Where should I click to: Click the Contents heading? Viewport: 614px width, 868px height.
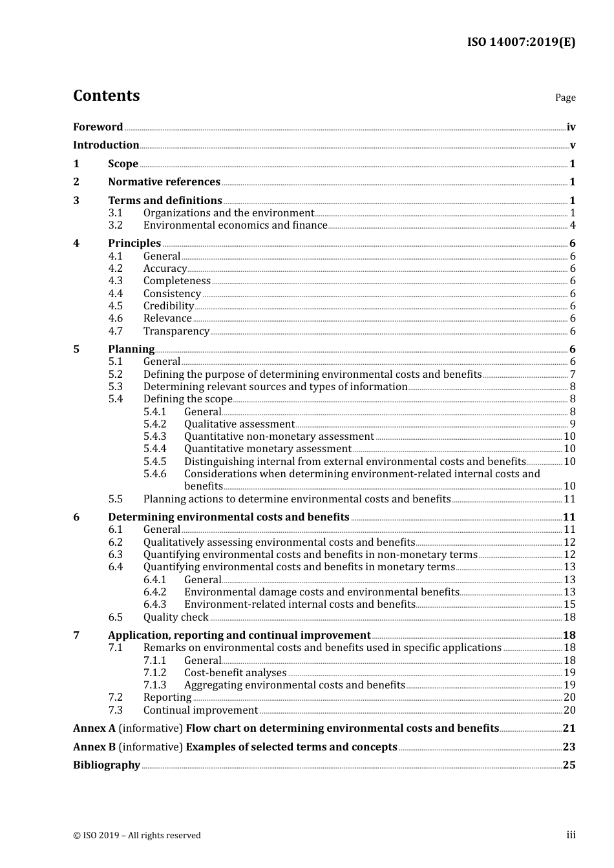pyautogui.click(x=106, y=96)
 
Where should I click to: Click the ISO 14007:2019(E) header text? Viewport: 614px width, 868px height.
pyautogui.click(x=521, y=42)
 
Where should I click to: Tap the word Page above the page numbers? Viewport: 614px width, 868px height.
pyautogui.click(x=565, y=98)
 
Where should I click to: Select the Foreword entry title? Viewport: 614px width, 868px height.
pyautogui.click(x=98, y=127)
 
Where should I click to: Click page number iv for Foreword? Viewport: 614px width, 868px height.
pyautogui.click(x=571, y=127)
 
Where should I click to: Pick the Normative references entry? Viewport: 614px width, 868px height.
pyautogui.click(x=164, y=182)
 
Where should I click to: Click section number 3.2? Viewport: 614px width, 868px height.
pyautogui.click(x=115, y=225)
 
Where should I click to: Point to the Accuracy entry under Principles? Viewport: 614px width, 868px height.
pyautogui.click(x=165, y=269)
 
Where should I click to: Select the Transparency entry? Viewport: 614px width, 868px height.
pyautogui.click(x=176, y=331)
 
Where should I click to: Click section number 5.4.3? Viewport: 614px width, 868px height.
pyautogui.click(x=154, y=437)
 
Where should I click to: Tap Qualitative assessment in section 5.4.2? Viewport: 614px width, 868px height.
pyautogui.click(x=239, y=424)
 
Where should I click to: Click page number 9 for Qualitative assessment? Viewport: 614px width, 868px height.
pyautogui.click(x=573, y=424)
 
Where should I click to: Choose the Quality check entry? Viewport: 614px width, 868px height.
pyautogui.click(x=176, y=617)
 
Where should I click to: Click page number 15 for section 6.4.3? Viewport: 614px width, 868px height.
pyautogui.click(x=569, y=604)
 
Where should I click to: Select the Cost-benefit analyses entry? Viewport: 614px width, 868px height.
pyautogui.click(x=235, y=673)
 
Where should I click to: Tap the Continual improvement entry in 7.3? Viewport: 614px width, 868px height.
pyautogui.click(x=200, y=710)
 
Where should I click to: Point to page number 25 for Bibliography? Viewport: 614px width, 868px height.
pyautogui.click(x=569, y=765)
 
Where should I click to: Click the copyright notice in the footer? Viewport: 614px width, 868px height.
pyautogui.click(x=137, y=836)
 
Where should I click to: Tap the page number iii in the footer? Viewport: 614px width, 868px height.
pyautogui.click(x=571, y=835)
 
